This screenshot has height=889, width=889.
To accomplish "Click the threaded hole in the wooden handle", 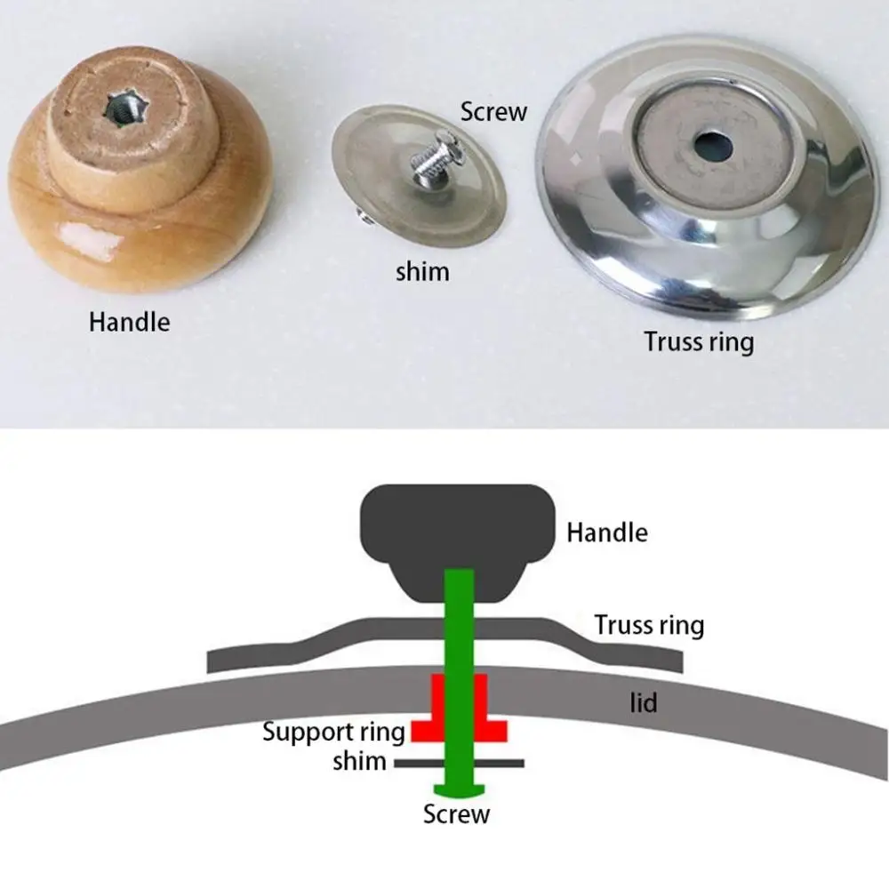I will (x=119, y=109).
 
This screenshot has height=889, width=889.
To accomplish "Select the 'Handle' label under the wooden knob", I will (x=129, y=321).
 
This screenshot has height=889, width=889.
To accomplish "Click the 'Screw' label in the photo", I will (x=493, y=112).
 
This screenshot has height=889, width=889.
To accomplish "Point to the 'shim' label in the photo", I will (x=422, y=270).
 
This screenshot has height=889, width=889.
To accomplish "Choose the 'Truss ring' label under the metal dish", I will (x=699, y=341).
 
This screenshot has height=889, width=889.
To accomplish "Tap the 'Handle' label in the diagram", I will (x=607, y=533).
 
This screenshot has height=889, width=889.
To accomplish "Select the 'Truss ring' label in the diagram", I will (x=649, y=625).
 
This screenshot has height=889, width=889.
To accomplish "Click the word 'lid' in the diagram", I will (x=644, y=702).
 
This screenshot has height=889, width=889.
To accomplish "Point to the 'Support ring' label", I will (x=333, y=733).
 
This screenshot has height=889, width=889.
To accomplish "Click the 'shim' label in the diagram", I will (x=359, y=761).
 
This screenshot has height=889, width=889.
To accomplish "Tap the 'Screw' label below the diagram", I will (x=456, y=813).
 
